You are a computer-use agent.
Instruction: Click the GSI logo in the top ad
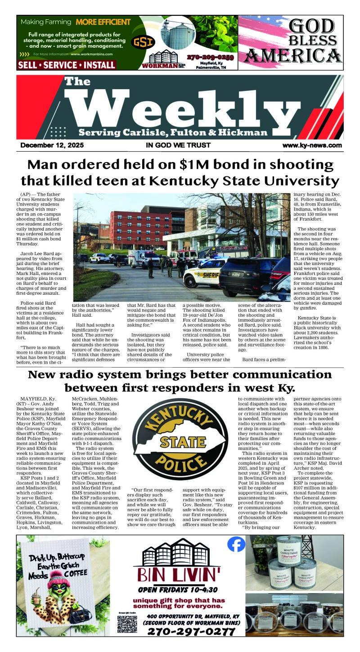coord(143,43)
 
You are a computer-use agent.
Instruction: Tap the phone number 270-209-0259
coord(211,57)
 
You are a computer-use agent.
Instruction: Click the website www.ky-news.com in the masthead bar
coord(312,145)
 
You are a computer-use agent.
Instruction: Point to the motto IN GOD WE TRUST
coord(178,145)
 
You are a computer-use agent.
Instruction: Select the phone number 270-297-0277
coord(191,632)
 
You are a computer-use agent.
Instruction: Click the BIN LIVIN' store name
coord(180,573)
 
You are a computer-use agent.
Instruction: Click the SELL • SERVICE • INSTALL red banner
coord(66,65)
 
